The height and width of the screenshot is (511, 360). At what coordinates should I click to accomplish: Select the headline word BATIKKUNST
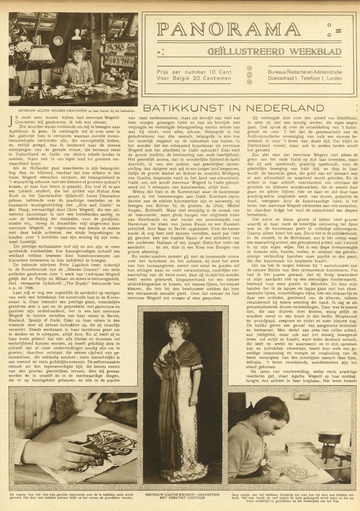pos(191,108)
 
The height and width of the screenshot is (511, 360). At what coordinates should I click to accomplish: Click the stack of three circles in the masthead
pos(249,74)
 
